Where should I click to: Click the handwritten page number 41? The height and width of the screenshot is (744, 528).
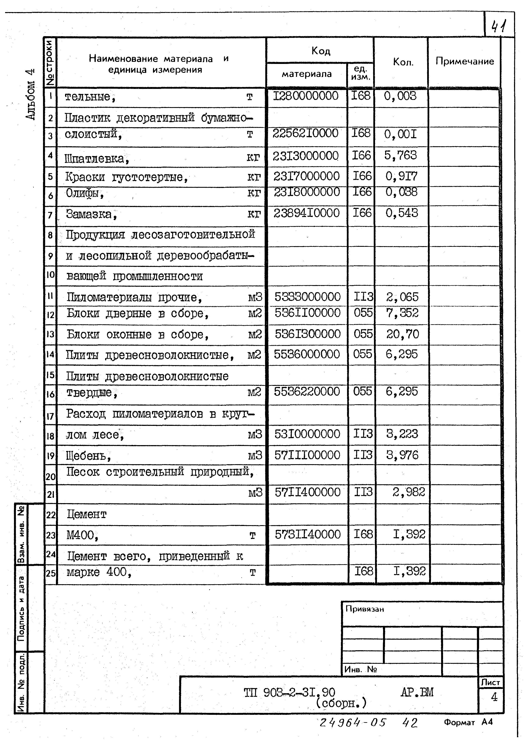tap(498, 26)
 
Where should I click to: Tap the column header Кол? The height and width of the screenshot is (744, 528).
tap(403, 62)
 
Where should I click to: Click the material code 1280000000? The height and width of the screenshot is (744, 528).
tap(306, 96)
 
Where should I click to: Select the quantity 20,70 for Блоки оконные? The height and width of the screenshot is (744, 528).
tap(403, 334)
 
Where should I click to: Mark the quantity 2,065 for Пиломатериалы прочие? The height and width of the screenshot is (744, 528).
tap(402, 297)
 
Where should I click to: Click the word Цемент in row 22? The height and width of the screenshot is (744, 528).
tap(86, 514)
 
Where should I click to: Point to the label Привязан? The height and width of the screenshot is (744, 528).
tap(364, 609)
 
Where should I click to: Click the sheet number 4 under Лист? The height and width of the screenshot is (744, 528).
tap(494, 697)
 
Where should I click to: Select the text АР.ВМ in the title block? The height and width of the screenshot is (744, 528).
tap(417, 692)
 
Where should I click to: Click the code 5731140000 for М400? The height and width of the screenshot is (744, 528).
tap(308, 534)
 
